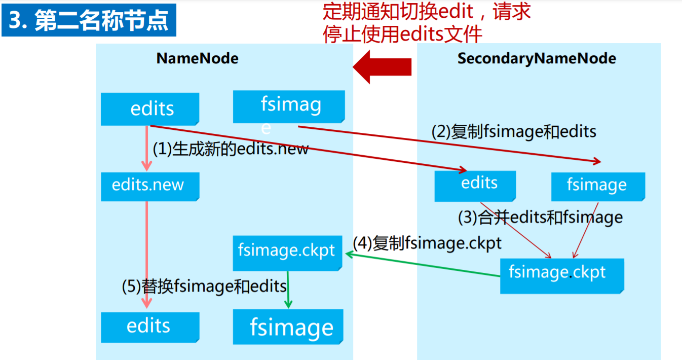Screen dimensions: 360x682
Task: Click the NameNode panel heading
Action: (x=197, y=58)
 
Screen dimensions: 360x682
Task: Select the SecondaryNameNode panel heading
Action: (x=537, y=58)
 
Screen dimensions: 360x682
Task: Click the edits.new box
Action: (x=149, y=186)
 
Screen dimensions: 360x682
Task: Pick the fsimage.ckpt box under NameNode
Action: (x=287, y=252)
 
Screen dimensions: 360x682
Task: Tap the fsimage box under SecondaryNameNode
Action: (x=597, y=186)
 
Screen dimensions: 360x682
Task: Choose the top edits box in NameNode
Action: (x=150, y=109)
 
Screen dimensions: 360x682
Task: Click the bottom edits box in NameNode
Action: (x=149, y=327)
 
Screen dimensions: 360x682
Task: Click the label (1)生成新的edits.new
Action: (x=231, y=149)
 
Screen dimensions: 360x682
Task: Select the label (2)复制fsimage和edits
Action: (x=514, y=132)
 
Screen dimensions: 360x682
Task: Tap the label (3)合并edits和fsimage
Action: (x=540, y=218)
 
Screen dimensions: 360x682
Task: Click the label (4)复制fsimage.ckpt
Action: (x=427, y=243)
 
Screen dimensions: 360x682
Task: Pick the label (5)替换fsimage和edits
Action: (x=204, y=286)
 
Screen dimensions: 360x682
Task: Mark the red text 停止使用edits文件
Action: (x=402, y=34)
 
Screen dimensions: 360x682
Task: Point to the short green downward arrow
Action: (x=288, y=289)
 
